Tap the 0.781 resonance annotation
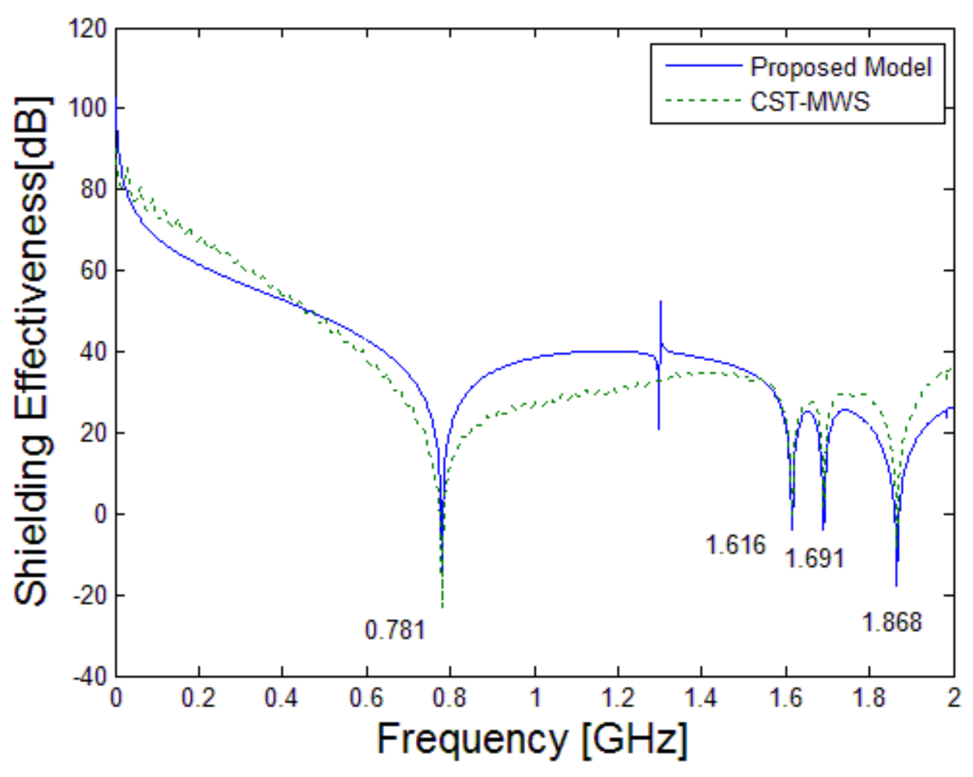394,630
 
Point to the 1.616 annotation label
735,545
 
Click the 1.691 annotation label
814,558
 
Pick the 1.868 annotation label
891,622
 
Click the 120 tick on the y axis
88,28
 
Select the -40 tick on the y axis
90,676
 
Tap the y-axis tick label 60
94,270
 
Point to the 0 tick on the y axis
100,514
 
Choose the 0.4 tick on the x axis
281,697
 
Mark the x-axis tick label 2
954,697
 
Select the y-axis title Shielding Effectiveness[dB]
33,352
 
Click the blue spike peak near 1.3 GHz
660,302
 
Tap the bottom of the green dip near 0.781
442,607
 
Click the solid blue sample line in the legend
703,66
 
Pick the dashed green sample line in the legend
703,101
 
